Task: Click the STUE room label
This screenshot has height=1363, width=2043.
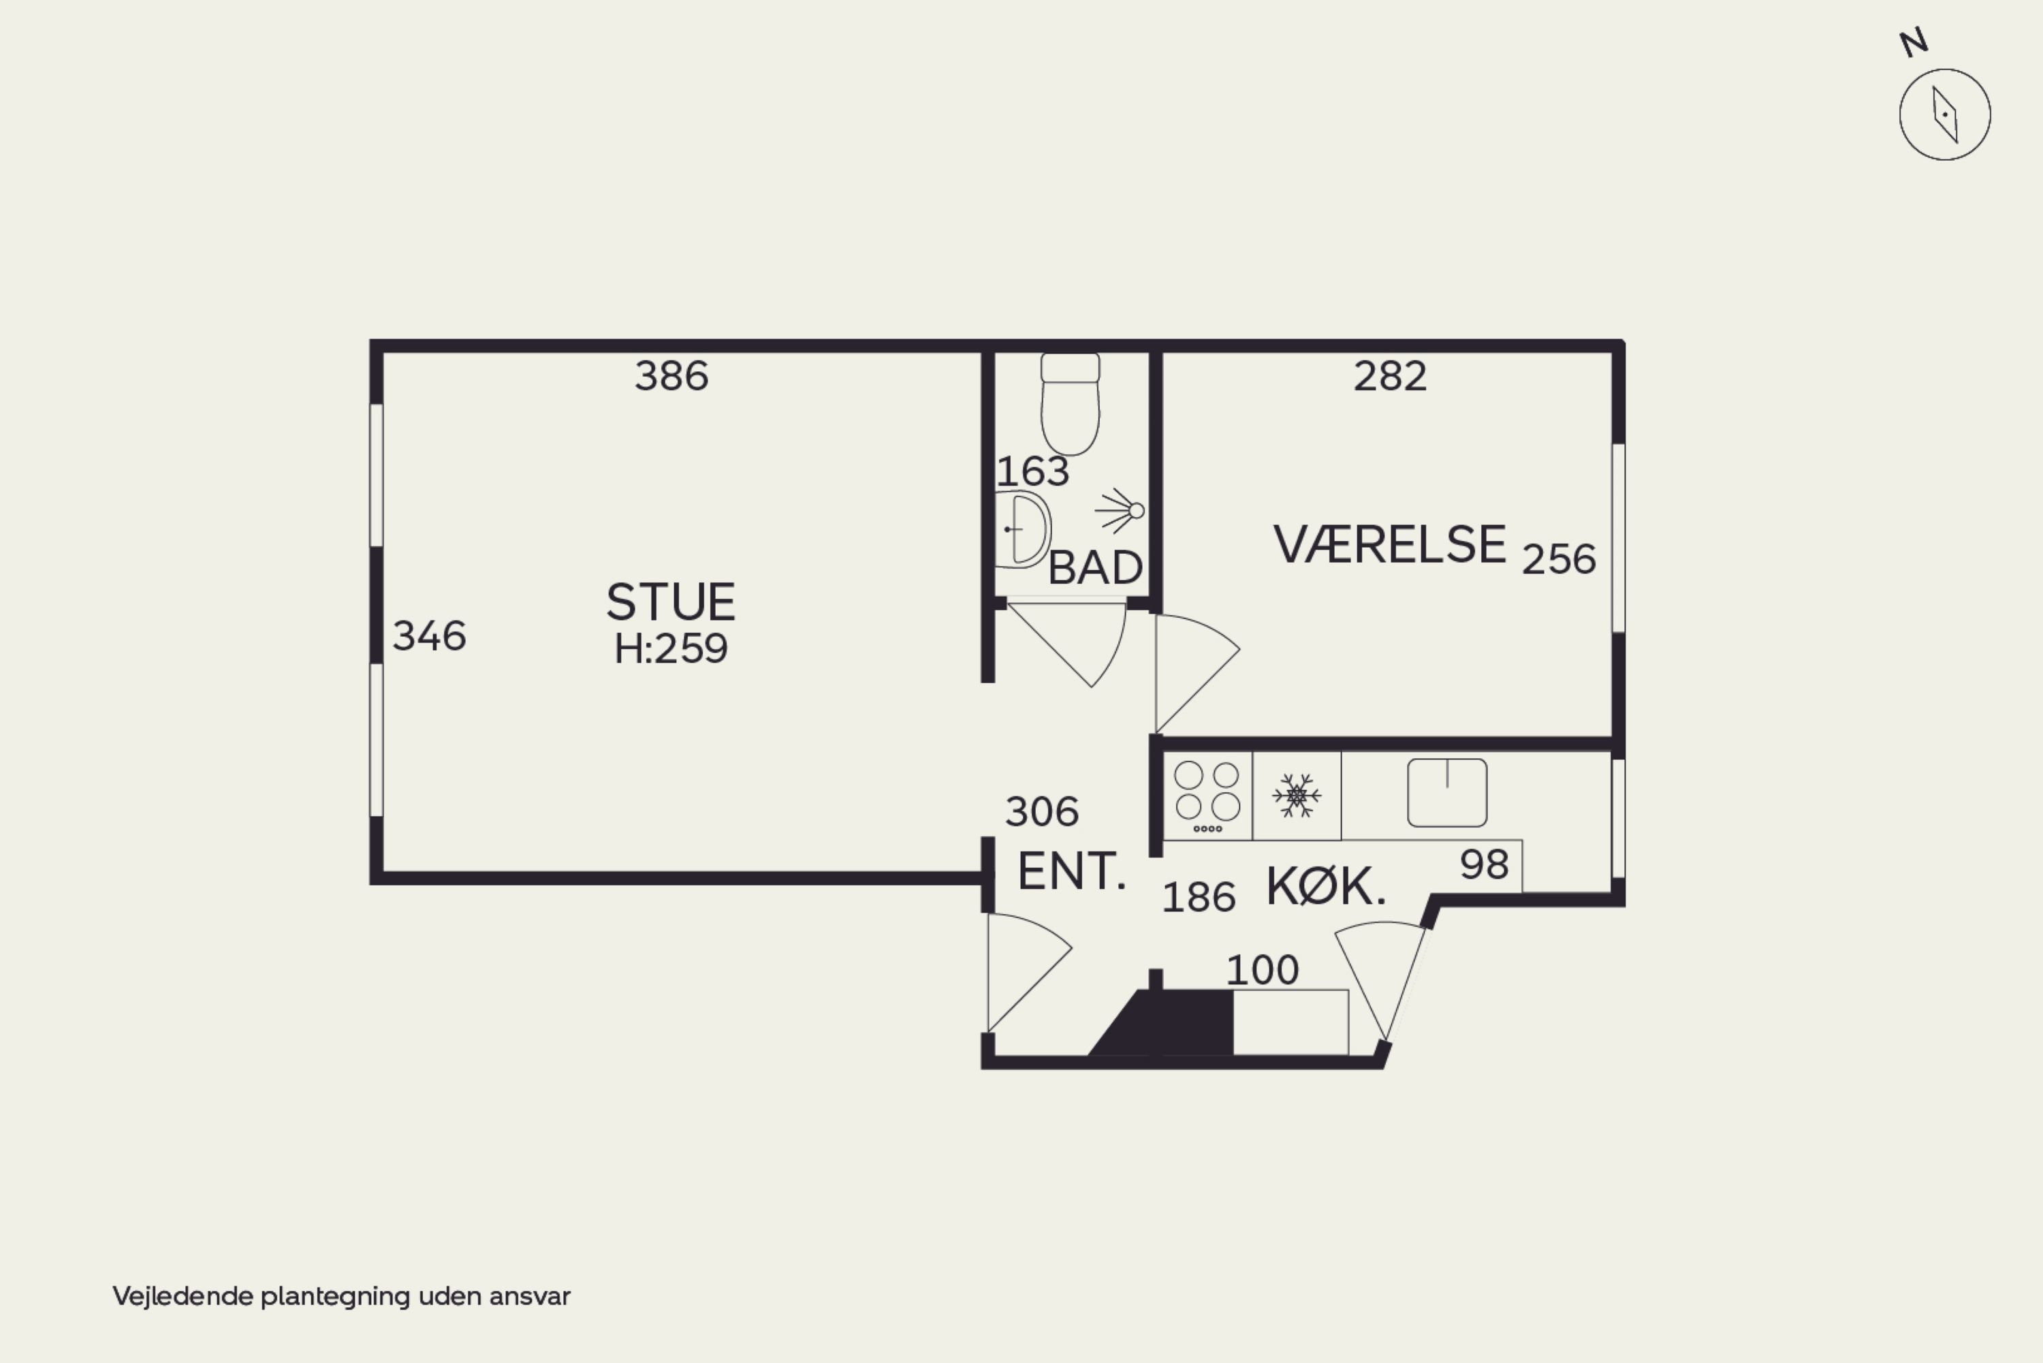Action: coord(671,601)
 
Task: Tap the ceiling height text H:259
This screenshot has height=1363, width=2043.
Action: coord(671,648)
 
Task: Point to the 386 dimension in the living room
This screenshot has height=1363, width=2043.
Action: coord(671,377)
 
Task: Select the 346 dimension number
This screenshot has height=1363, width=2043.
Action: coord(429,636)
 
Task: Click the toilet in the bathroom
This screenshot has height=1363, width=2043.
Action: coord(1071,403)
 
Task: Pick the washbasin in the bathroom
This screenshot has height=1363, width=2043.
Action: coord(1023,529)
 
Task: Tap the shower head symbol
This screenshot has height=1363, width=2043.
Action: coord(1120,511)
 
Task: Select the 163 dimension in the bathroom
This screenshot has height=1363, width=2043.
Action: coord(1032,472)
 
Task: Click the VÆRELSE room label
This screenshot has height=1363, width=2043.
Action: coord(1389,545)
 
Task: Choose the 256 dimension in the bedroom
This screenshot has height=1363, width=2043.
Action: coord(1559,559)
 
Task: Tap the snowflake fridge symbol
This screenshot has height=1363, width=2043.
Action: coord(1297,796)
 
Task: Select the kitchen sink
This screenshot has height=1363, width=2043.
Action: coord(1447,793)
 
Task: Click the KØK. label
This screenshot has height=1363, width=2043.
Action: coord(1326,888)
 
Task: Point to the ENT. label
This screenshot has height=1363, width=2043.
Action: coord(1071,872)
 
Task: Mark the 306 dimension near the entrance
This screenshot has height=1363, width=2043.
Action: coord(1042,812)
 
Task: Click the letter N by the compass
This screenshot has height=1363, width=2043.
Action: coord(1914,43)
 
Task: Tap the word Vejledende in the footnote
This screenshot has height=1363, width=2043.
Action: coord(183,1296)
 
